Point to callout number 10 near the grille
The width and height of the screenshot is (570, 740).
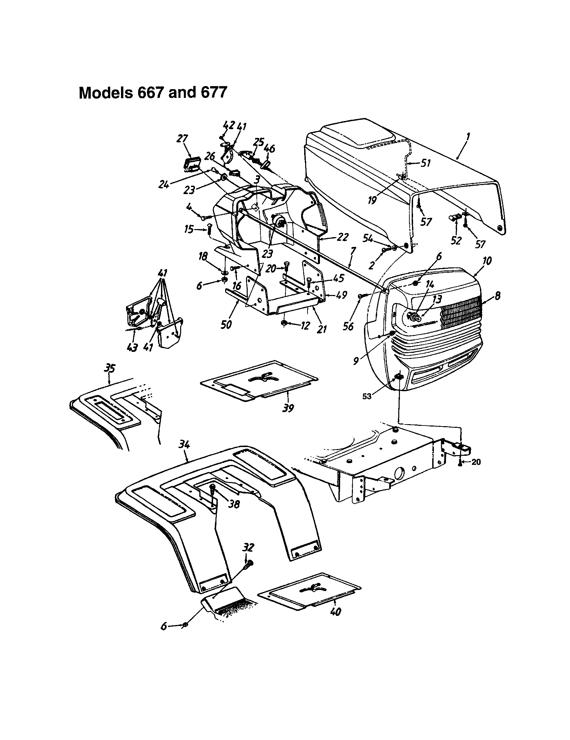[x=488, y=261]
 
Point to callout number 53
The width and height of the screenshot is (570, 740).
[x=367, y=396]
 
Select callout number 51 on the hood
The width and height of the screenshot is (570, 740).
[x=425, y=163]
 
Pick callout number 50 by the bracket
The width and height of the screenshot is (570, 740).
[x=226, y=324]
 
